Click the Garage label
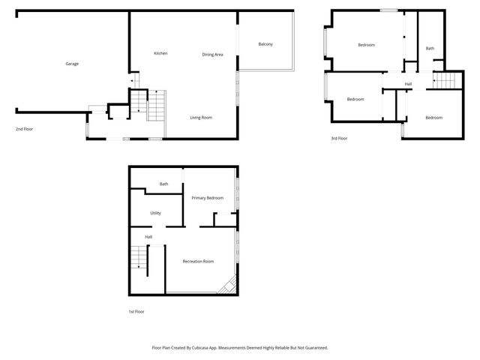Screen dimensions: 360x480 click(x=71, y=64)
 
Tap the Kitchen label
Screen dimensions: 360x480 click(x=160, y=53)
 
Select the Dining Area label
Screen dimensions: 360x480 click(x=213, y=54)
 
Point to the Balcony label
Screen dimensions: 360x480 click(x=265, y=44)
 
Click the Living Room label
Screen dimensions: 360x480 click(x=201, y=118)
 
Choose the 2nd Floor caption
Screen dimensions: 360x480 click(x=24, y=129)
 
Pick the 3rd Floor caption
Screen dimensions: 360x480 click(x=339, y=139)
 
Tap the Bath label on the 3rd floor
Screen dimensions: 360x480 click(x=430, y=49)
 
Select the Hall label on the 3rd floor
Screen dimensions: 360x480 click(x=408, y=83)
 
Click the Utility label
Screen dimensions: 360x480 click(x=155, y=213)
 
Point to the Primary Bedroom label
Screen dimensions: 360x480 click(x=208, y=197)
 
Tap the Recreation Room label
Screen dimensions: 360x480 click(x=199, y=261)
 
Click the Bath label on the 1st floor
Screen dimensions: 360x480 click(x=163, y=184)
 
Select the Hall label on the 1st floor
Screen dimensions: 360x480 click(x=148, y=237)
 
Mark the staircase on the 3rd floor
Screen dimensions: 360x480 click(x=445, y=79)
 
